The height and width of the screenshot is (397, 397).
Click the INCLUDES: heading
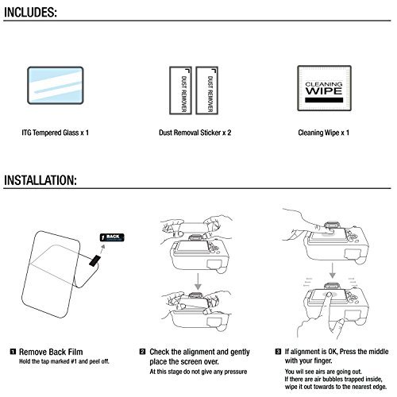[30, 12]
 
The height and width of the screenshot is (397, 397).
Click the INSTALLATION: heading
[40, 180]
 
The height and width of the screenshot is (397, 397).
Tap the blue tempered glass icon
[56, 85]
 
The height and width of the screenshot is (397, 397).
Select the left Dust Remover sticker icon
[180, 91]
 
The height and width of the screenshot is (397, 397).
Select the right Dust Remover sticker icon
[206, 91]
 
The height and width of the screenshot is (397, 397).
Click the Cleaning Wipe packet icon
[324, 88]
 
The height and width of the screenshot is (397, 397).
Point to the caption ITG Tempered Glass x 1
[55, 133]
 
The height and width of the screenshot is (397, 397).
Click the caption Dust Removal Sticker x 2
[195, 133]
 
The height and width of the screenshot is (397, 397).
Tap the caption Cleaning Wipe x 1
[323, 133]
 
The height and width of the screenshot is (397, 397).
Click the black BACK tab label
[112, 237]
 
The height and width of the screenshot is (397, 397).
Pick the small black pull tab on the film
[94, 260]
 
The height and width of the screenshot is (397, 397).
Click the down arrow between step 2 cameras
[198, 281]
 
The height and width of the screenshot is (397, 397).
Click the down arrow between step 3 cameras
[333, 271]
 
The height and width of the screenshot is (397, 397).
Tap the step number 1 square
[13, 352]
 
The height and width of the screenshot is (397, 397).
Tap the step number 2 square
[142, 352]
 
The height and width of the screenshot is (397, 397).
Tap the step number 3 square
[278, 352]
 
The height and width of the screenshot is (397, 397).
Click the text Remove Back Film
[51, 352]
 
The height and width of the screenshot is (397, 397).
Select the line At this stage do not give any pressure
[198, 372]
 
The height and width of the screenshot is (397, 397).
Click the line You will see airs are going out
[323, 372]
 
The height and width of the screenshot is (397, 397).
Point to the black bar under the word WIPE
[324, 100]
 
